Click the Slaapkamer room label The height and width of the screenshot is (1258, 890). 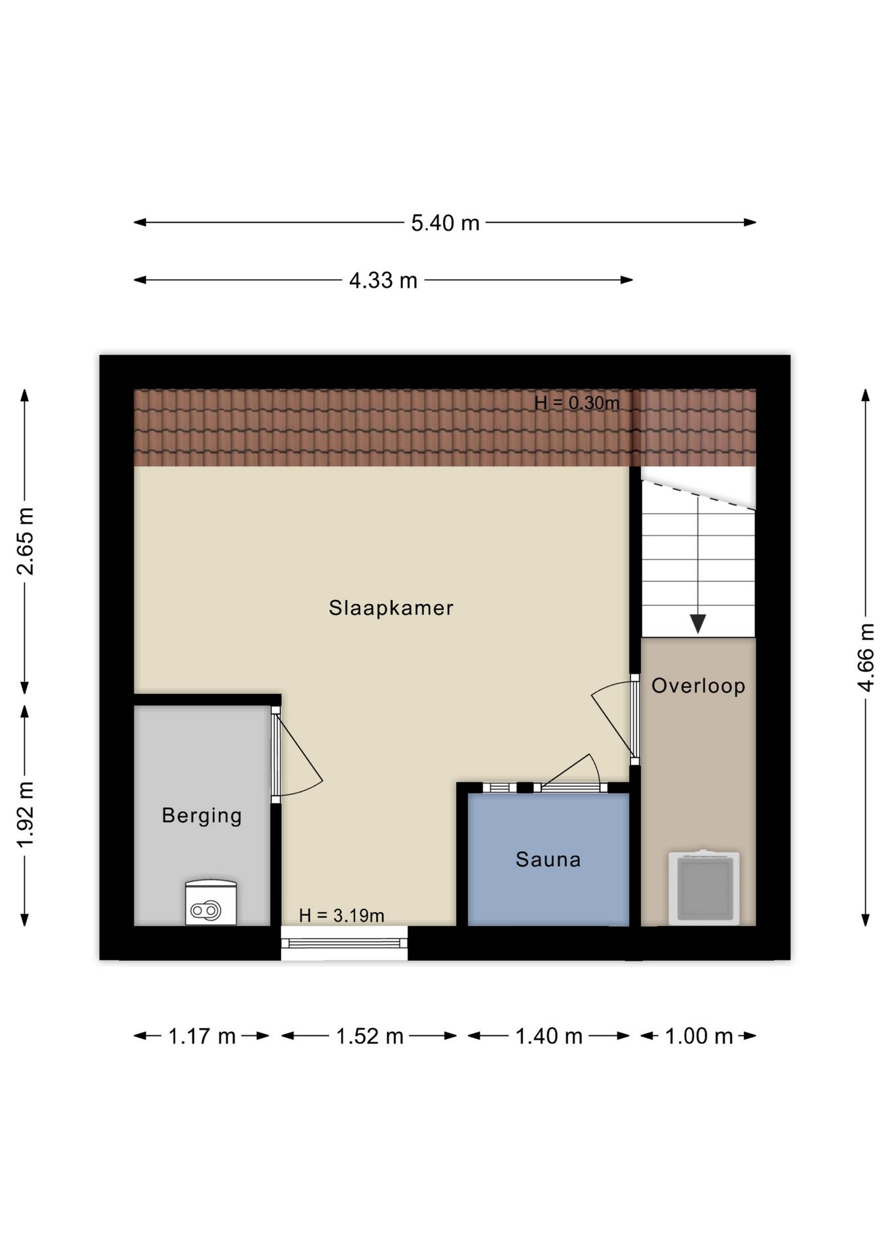point(391,608)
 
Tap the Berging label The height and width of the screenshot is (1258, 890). point(202,816)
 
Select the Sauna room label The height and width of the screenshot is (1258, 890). point(548,859)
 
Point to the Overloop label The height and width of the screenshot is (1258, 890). point(698,686)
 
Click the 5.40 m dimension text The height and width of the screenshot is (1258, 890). point(445,223)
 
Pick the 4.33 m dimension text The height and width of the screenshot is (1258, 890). point(383,280)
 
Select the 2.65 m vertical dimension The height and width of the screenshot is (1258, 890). point(25,541)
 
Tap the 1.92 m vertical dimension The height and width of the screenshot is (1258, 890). point(25,815)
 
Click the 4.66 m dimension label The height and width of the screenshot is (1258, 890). point(866,657)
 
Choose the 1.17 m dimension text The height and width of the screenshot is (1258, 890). point(202,1037)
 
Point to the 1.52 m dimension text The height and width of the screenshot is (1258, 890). point(370,1037)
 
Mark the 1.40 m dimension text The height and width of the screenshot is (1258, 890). point(549,1037)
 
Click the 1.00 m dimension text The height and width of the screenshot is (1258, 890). point(699,1037)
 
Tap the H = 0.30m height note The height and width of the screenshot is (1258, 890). point(577,403)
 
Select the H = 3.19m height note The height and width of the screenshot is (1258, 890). point(341,915)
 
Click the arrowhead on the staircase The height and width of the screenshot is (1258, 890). point(698,624)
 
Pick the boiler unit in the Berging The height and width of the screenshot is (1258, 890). point(211,903)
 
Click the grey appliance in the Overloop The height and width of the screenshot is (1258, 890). point(705,888)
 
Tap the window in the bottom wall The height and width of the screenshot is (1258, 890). point(344,943)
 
